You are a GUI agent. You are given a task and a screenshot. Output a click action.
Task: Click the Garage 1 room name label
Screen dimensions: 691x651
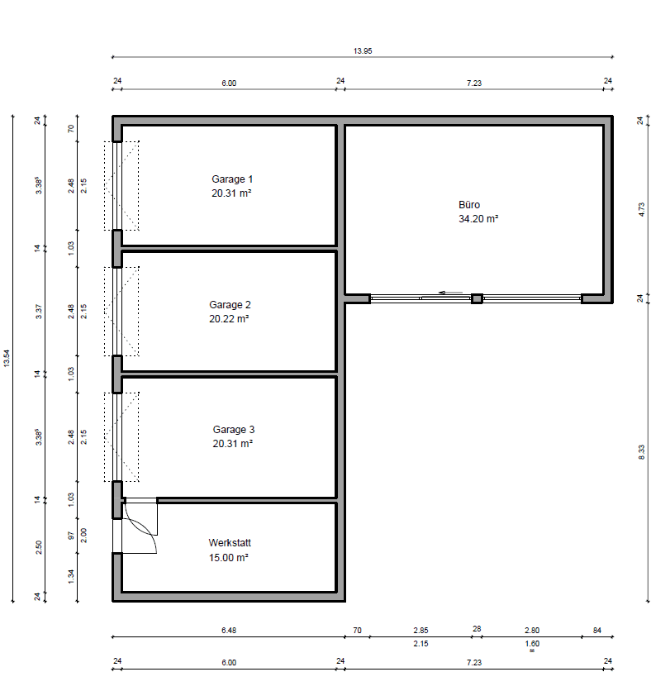point(231,179)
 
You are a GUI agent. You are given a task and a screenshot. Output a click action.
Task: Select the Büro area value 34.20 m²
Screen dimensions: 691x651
point(478,219)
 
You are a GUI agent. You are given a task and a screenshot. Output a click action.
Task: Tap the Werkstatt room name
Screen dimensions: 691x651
point(230,543)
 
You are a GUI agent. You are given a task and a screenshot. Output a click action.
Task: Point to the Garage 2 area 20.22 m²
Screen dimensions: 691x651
point(229,318)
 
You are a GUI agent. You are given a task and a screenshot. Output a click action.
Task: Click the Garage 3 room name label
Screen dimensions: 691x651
point(234,430)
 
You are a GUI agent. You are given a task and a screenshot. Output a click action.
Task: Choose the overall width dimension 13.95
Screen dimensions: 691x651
point(363,51)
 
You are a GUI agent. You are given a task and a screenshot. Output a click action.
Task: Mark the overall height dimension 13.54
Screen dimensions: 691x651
point(7,360)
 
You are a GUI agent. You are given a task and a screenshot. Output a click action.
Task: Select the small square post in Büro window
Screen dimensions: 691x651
point(476,298)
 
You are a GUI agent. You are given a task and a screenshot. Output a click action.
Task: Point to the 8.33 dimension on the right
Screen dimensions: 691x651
point(642,452)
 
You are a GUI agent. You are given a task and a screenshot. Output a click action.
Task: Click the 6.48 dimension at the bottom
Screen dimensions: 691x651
point(229,631)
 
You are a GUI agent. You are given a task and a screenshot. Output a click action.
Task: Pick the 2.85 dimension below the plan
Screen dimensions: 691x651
point(421,631)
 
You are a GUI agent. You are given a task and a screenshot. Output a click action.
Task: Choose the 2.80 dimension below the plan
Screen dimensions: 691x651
point(532,631)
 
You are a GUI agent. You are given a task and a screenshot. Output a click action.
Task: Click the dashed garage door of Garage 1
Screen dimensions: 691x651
point(121,186)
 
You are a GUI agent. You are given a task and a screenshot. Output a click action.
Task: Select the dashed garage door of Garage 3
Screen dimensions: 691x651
point(121,436)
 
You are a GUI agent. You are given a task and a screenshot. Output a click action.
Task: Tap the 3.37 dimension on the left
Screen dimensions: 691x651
point(39,311)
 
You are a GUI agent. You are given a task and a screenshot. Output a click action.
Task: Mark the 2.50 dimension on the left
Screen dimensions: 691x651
point(39,549)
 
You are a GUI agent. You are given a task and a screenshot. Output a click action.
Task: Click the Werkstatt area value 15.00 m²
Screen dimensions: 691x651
point(229,558)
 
